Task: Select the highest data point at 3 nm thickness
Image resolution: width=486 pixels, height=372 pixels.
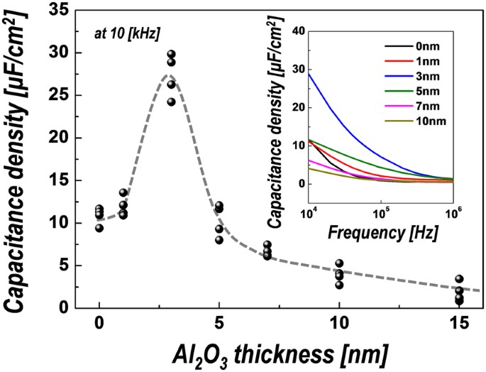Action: tap(171, 55)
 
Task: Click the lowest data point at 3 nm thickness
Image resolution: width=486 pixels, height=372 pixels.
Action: tap(171, 102)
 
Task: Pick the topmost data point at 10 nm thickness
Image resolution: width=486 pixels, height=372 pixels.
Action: tap(339, 263)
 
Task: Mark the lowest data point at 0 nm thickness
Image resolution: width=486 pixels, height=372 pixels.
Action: tap(99, 228)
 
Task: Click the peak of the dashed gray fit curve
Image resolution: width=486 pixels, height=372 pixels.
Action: tap(168, 75)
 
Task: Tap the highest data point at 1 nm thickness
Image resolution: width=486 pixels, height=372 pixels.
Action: tap(123, 192)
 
